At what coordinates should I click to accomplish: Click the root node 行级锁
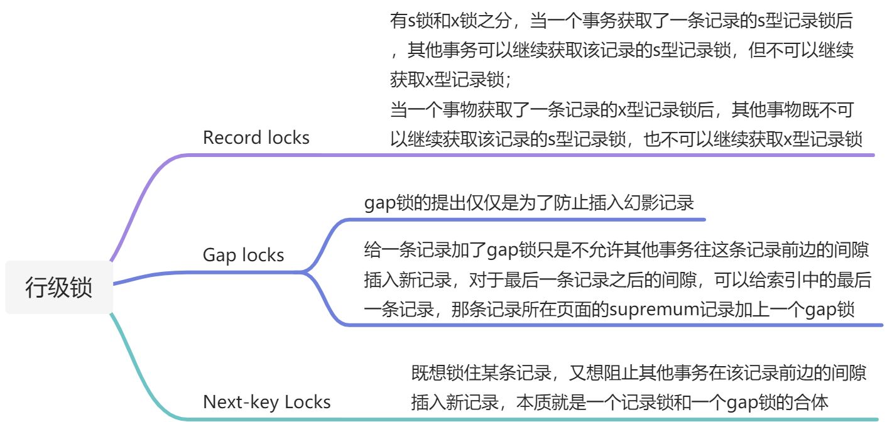click(x=58, y=288)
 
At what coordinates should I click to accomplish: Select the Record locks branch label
click(x=256, y=138)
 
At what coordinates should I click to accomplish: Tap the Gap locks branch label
click(x=243, y=255)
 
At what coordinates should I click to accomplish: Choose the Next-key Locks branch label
click(x=266, y=402)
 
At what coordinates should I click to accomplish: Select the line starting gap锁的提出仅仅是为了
click(x=528, y=203)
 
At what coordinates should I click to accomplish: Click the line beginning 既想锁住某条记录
click(x=638, y=374)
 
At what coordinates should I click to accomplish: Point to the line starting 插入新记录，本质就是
click(x=619, y=403)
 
